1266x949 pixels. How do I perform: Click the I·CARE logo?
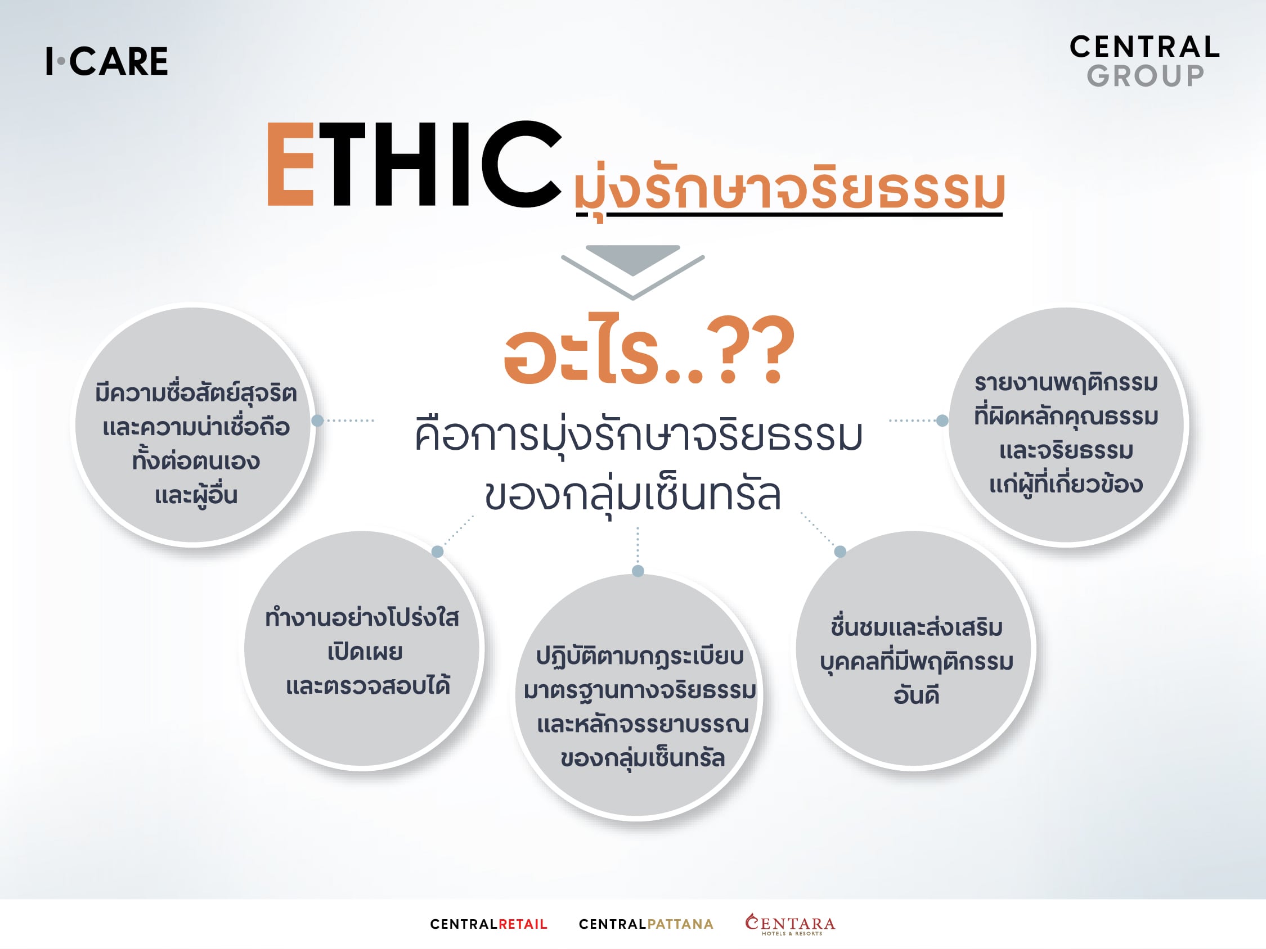[x=107, y=61]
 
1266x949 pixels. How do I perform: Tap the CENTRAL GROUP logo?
[x=1144, y=61]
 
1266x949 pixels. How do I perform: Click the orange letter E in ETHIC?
[x=291, y=164]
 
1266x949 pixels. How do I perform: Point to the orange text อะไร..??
[x=649, y=350]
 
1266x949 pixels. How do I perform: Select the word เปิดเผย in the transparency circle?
[x=365, y=652]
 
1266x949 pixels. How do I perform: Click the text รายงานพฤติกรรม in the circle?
[x=1066, y=383]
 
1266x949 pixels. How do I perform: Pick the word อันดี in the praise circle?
[x=917, y=695]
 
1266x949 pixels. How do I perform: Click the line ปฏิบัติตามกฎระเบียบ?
[x=639, y=657]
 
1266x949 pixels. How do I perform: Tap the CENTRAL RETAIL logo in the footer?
[x=489, y=924]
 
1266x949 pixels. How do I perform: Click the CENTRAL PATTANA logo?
[x=646, y=924]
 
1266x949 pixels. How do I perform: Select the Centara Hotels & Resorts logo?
[x=790, y=924]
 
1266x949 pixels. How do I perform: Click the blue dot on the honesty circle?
[x=318, y=421]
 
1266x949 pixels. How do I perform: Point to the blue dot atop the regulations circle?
[x=638, y=571]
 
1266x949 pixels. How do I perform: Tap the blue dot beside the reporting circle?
[x=942, y=421]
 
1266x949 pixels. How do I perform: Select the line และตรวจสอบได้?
[x=367, y=685]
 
